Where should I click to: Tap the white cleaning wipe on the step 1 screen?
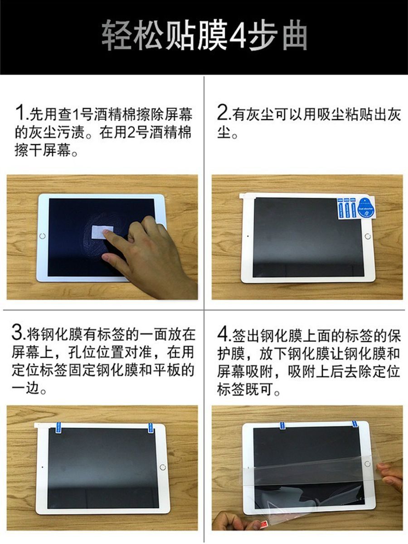(x=102, y=232)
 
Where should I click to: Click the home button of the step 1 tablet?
(x=42, y=236)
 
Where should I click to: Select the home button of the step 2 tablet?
(x=368, y=236)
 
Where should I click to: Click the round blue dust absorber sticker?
(x=366, y=208)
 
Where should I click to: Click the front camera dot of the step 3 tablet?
(x=42, y=467)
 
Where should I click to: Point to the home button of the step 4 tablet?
(x=368, y=463)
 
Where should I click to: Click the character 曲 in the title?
(x=295, y=35)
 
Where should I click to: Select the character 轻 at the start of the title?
(x=116, y=35)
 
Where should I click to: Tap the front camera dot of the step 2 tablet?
(x=248, y=236)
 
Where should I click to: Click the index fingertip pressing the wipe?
(x=106, y=232)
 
